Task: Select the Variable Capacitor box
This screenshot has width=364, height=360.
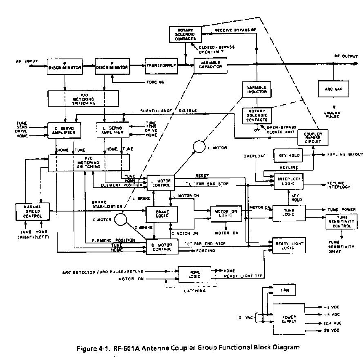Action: [x=210, y=65]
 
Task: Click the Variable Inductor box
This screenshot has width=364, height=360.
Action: [x=257, y=90]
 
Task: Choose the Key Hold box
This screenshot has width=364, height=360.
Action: [x=289, y=155]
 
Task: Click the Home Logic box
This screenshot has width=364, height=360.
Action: [x=193, y=273]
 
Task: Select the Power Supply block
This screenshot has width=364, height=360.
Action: [x=288, y=317]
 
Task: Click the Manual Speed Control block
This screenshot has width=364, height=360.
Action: [x=32, y=211]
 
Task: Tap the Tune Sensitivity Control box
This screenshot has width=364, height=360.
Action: [x=342, y=222]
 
